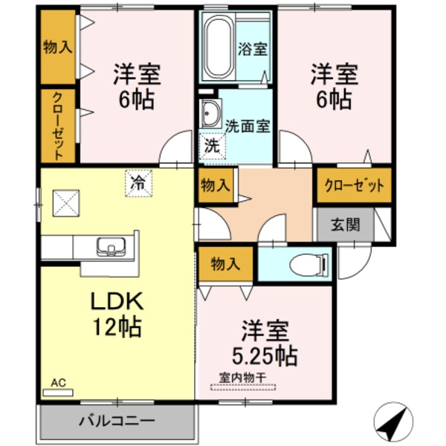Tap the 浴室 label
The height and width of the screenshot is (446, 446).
[253, 50]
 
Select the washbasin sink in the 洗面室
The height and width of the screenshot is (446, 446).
[209, 112]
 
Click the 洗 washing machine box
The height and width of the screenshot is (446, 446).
[212, 145]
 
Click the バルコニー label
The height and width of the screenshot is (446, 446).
[117, 421]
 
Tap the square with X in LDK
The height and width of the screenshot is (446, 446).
[65, 201]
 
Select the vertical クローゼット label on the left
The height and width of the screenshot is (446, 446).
[58, 126]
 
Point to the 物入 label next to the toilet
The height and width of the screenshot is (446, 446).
[226, 264]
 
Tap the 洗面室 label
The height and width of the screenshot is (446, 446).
[247, 126]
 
